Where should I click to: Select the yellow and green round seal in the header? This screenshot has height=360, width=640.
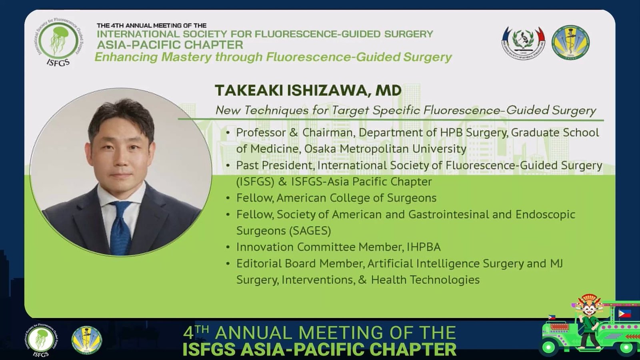click(x=570, y=42)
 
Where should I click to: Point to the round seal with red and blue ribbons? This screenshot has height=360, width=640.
click(x=524, y=42)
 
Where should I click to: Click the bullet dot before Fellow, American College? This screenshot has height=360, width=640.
click(x=228, y=198)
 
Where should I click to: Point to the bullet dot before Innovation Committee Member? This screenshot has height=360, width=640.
click(x=228, y=247)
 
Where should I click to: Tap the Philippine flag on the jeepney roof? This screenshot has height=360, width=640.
click(x=625, y=314)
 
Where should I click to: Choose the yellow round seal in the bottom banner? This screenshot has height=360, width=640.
click(x=86, y=340)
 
